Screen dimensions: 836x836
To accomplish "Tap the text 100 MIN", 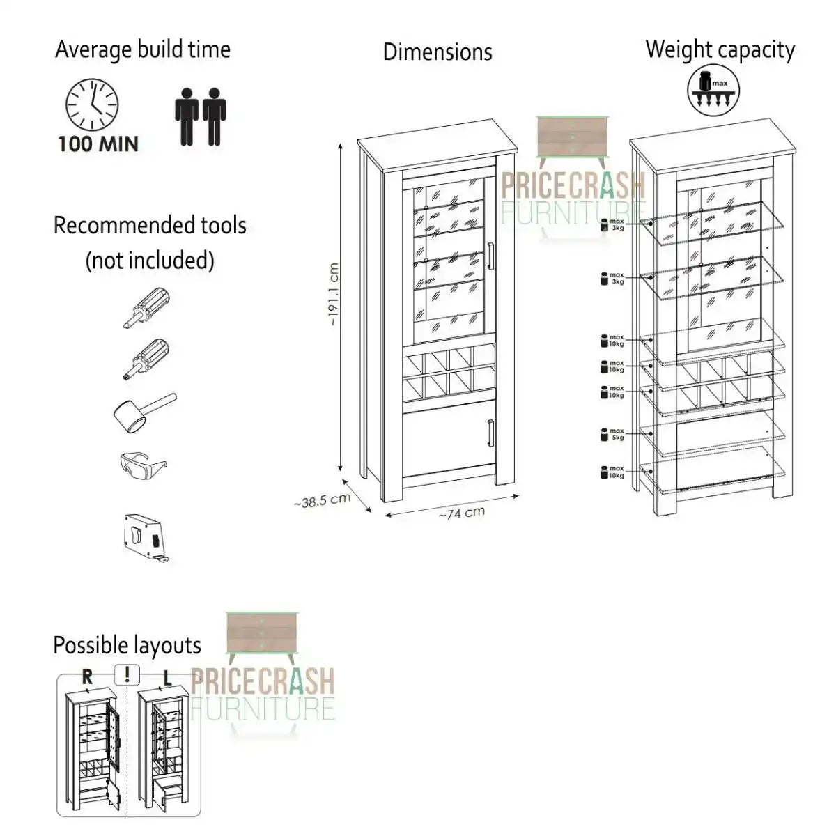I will [98, 144].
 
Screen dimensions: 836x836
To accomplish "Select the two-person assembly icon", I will [200, 116].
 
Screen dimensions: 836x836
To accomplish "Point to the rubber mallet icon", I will [143, 411].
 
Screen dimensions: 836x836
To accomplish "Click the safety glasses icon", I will [144, 464].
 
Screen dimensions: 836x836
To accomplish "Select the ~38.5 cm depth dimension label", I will [321, 500].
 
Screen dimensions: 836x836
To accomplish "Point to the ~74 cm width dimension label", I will [461, 513].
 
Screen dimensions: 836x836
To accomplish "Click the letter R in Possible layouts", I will [87, 675].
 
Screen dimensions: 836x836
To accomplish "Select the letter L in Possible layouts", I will [168, 676].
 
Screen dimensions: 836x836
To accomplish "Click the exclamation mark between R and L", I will [127, 674].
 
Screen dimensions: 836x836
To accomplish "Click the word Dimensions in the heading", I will [438, 52].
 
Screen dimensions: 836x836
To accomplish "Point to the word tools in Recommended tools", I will [215, 226].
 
